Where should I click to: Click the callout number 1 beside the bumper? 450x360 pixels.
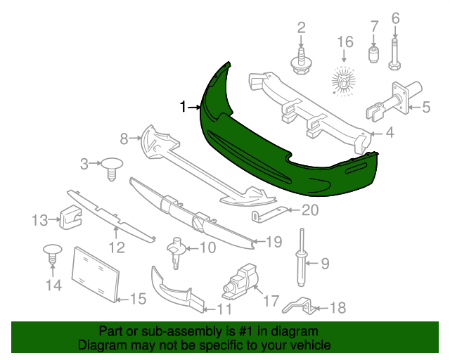(x=183, y=107)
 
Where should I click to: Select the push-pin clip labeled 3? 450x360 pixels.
(x=112, y=169)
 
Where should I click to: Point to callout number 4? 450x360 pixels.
(x=390, y=133)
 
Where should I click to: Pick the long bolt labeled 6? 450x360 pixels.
(x=395, y=53)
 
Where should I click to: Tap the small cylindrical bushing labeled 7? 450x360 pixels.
(x=373, y=54)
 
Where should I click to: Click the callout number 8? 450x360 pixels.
(x=124, y=139)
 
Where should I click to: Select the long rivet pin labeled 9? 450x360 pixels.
(x=302, y=257)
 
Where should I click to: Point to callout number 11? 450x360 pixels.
(x=224, y=309)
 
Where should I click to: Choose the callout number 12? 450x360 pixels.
(x=117, y=247)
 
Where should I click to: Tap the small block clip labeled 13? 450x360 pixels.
(x=70, y=217)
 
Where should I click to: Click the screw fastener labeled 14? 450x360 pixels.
(x=52, y=255)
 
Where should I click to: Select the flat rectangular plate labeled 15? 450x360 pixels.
(x=96, y=274)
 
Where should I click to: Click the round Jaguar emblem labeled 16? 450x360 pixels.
(x=344, y=81)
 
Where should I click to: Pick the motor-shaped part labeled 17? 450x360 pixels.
(x=240, y=281)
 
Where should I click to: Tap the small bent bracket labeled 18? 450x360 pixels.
(x=299, y=307)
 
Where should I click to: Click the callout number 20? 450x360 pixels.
(x=310, y=210)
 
